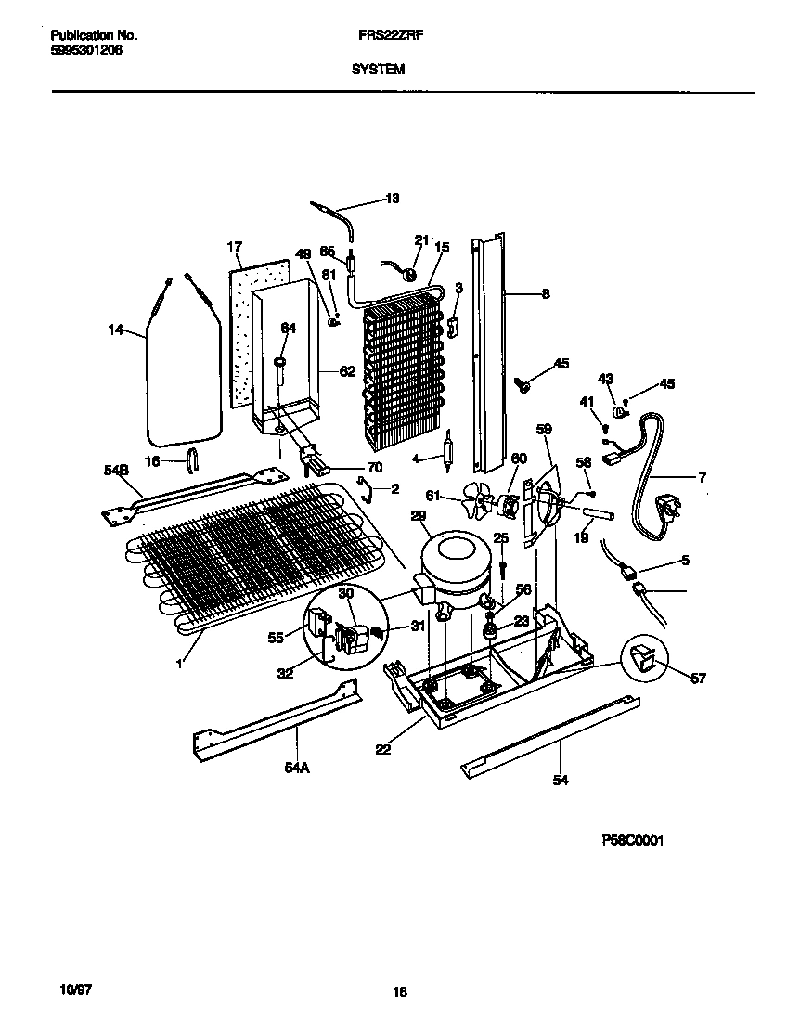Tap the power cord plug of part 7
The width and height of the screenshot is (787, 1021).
point(664,508)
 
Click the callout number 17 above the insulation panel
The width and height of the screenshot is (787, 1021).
point(234,247)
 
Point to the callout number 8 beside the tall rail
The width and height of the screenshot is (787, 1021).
point(545,294)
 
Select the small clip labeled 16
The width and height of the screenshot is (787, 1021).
point(193,459)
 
